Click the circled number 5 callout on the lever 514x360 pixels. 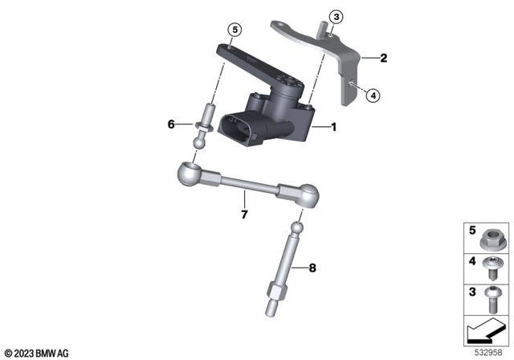point(235,31)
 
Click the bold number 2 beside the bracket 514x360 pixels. point(384,58)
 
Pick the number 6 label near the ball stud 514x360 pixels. point(170,124)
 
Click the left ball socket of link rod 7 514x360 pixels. point(187,173)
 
